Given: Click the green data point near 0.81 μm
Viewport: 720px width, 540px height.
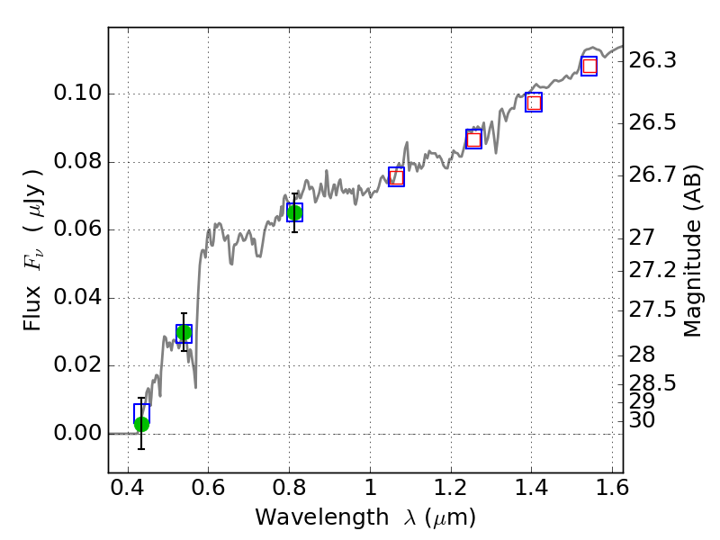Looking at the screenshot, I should (294, 212).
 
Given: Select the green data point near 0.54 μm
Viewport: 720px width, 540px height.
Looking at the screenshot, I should (184, 333).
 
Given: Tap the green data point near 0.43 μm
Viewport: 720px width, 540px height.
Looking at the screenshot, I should (141, 424).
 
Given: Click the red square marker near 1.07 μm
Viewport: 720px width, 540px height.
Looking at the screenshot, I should (396, 176).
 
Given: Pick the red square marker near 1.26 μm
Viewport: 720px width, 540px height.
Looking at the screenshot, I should (474, 139).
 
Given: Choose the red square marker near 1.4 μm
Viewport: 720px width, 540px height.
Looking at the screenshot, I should (534, 103).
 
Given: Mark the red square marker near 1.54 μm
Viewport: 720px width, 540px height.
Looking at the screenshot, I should (589, 66).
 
